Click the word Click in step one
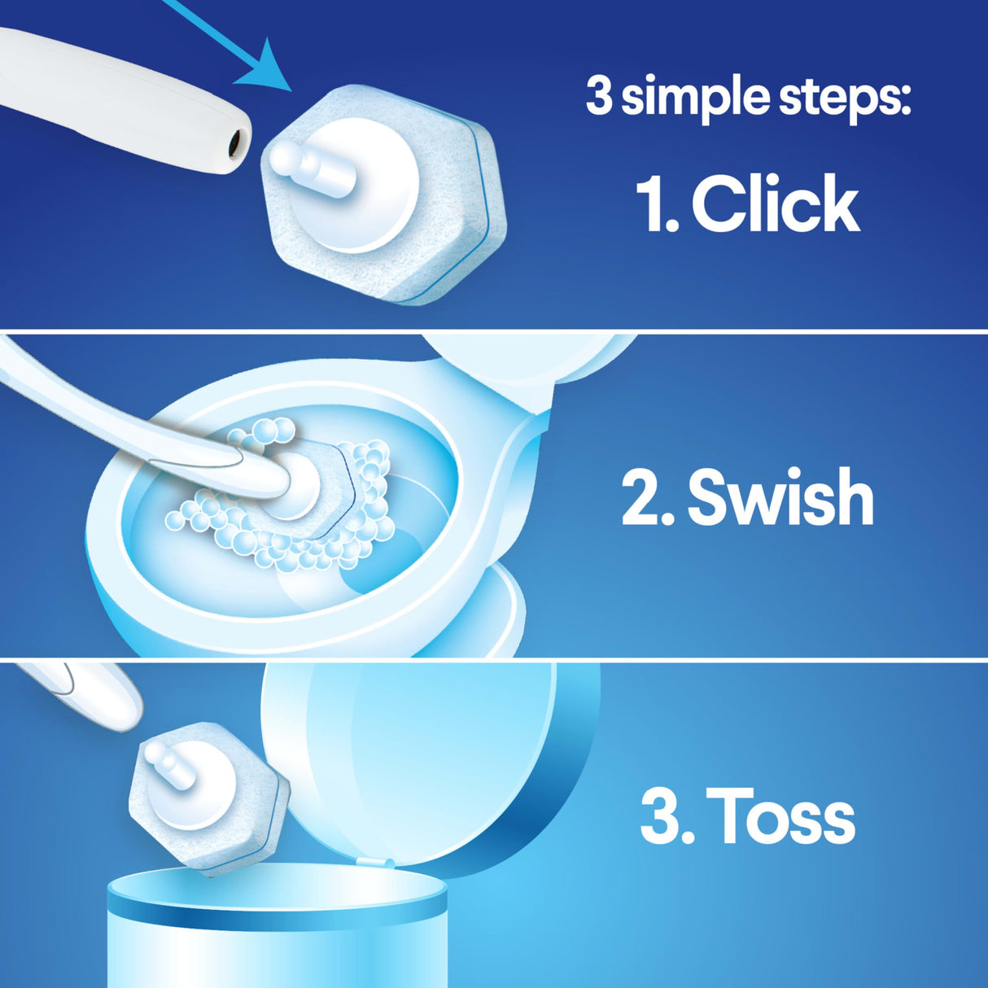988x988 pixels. pyautogui.click(x=776, y=204)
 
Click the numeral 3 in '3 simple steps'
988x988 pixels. pyautogui.click(x=599, y=97)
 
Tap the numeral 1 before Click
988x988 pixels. pyautogui.click(x=651, y=205)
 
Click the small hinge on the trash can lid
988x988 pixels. pyautogui.click(x=378, y=863)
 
